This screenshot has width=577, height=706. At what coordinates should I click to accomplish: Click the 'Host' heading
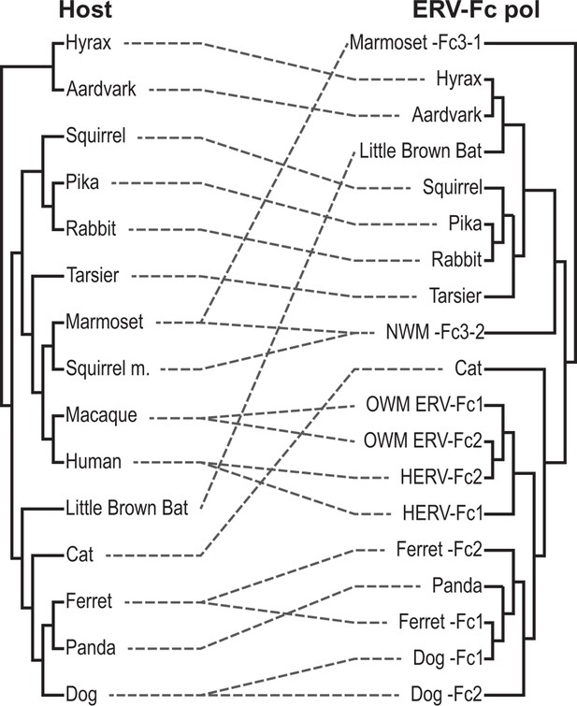click(x=85, y=9)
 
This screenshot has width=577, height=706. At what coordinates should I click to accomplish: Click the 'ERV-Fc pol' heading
click(x=476, y=9)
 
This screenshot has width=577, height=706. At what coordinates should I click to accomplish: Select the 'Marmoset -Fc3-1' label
click(x=416, y=43)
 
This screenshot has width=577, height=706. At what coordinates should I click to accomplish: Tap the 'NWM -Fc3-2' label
click(x=435, y=332)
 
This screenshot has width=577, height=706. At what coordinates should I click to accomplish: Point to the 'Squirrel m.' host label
click(x=108, y=368)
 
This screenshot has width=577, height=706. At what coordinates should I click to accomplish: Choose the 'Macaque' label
click(x=101, y=415)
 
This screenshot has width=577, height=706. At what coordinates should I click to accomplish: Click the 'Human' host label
click(x=94, y=462)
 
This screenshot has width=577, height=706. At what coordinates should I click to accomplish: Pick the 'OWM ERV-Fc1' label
click(x=424, y=404)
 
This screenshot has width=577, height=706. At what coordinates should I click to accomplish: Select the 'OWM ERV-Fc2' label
click(x=423, y=440)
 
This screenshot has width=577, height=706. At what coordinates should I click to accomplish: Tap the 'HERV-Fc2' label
click(x=441, y=477)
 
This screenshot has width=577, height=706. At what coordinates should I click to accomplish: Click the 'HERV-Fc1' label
click(x=442, y=512)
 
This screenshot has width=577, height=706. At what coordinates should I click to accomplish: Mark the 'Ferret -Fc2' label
click(x=440, y=549)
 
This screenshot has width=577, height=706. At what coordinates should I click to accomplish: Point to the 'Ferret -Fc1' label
click(x=440, y=622)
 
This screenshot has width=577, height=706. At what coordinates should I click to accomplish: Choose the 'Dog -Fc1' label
click(x=448, y=658)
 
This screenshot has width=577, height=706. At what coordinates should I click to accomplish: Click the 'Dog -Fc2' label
click(x=446, y=694)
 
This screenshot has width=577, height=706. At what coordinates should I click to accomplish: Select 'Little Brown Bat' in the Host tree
click(x=127, y=508)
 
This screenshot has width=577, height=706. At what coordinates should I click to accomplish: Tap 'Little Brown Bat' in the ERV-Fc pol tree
click(x=421, y=151)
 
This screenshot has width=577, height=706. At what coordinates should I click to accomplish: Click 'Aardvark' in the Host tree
click(x=101, y=89)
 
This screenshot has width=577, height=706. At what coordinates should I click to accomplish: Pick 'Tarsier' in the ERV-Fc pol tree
click(x=455, y=295)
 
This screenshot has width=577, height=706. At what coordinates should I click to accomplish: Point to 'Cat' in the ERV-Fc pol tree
click(x=469, y=368)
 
